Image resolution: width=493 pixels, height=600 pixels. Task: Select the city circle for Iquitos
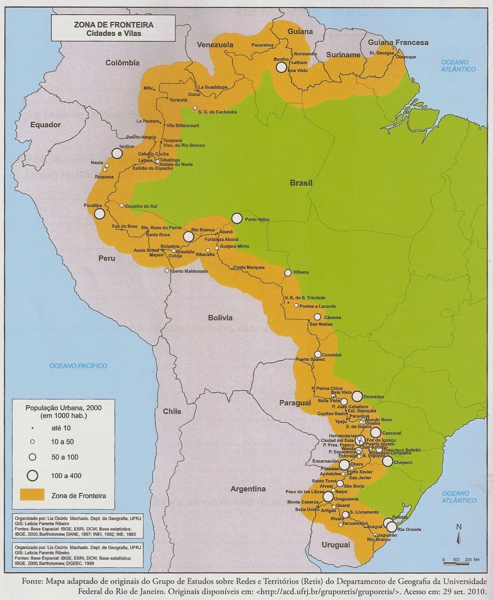(x=117, y=153)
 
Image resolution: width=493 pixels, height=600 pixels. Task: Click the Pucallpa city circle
(x=99, y=214)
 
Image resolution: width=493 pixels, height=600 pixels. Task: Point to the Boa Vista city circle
(x=281, y=67)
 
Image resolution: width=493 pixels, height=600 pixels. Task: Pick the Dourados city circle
(x=357, y=396)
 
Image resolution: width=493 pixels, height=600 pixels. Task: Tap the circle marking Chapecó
(x=388, y=461)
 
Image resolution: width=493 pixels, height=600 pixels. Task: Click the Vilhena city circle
(x=288, y=273)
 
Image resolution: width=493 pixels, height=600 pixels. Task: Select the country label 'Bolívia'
(x=220, y=318)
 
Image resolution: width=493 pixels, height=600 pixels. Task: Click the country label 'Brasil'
(x=301, y=183)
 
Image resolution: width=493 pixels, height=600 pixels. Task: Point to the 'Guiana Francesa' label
(x=398, y=43)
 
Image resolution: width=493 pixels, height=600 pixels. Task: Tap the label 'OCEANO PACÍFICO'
(x=78, y=366)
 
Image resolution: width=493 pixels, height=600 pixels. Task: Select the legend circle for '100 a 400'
(x=33, y=475)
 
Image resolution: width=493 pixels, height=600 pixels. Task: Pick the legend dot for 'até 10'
(x=33, y=428)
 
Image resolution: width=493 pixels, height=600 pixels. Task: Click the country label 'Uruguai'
(x=336, y=545)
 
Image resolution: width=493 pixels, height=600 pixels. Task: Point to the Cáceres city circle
(x=317, y=317)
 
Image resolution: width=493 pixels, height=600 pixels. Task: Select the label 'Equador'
(x=46, y=125)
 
